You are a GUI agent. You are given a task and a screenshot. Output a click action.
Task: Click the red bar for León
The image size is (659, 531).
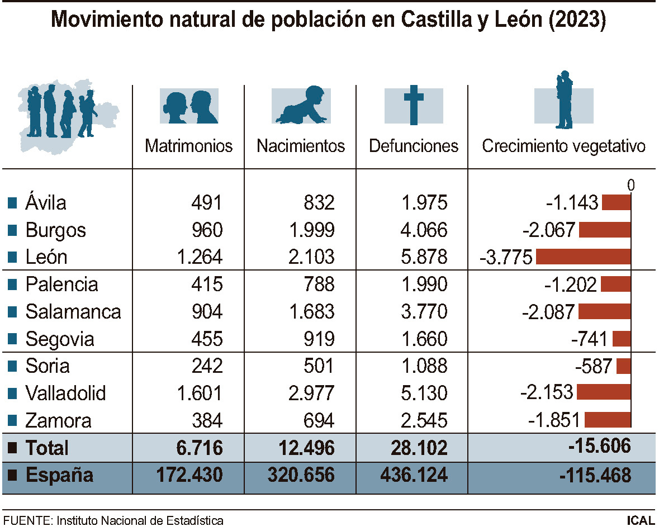click(x=583, y=257)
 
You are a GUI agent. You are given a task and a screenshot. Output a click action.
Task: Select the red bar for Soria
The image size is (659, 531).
click(x=624, y=366)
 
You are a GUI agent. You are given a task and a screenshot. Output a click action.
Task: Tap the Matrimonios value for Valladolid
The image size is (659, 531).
click(x=200, y=393)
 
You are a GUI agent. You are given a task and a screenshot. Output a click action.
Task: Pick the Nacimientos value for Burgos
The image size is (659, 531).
click(x=311, y=230)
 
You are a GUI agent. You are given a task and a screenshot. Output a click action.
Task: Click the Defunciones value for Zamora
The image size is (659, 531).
click(x=424, y=420)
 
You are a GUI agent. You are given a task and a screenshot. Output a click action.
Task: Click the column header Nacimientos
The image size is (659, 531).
click(x=301, y=146)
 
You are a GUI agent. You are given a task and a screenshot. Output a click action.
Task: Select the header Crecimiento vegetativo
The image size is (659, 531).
click(x=563, y=146)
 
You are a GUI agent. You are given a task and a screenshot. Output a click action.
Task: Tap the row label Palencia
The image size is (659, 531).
click(x=61, y=285)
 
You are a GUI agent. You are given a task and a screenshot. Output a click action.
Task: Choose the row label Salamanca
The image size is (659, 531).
click(x=73, y=312)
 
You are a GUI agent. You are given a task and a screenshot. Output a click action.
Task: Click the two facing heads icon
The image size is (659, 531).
click(x=189, y=106)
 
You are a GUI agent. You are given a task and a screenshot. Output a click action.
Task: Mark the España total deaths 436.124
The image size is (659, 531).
click(x=414, y=476)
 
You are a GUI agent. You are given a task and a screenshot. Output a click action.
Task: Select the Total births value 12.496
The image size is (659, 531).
click(x=302, y=448)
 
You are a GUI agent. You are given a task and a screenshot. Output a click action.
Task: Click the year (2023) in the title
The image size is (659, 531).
click(x=578, y=21)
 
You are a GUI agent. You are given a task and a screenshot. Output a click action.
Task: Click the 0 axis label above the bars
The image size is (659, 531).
click(x=631, y=185)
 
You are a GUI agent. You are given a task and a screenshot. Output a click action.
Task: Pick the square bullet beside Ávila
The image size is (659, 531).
click(x=12, y=203)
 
